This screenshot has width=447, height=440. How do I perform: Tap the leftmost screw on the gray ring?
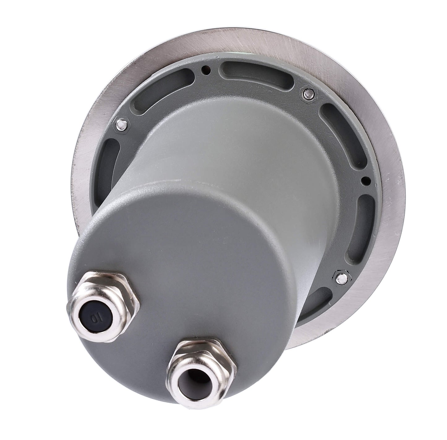pos(122,125)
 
